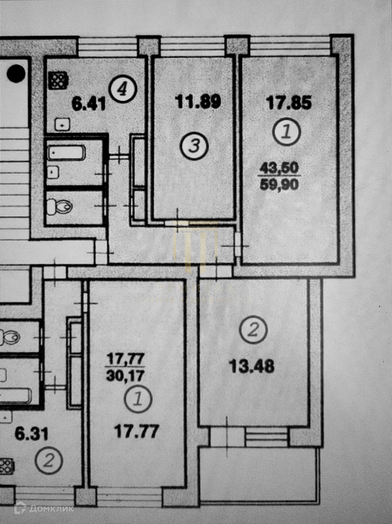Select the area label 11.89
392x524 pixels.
(x=198, y=102)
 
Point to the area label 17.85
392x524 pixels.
(x=289, y=103)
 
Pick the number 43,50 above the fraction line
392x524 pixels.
(x=279, y=168)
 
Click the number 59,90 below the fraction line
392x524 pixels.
(x=279, y=184)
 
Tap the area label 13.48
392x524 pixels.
(x=252, y=366)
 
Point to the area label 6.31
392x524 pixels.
(x=32, y=434)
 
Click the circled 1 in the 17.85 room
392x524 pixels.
(x=287, y=132)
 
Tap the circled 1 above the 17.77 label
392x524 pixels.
(x=138, y=399)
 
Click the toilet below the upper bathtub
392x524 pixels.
(x=60, y=207)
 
